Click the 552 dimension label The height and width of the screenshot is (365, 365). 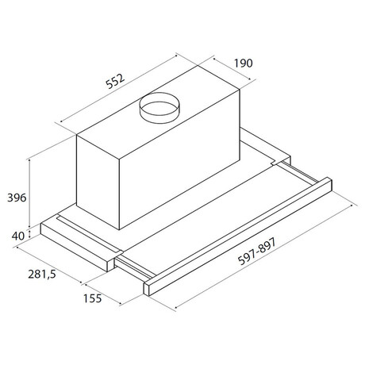(x=115, y=81)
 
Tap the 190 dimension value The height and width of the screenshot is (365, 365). (x=244, y=63)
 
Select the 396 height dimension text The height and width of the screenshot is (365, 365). (x=17, y=198)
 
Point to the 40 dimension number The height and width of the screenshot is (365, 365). (x=18, y=236)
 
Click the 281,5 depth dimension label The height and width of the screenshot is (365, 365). (x=42, y=274)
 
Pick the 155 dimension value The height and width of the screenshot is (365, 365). (x=92, y=298)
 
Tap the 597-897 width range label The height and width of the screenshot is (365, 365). (x=257, y=252)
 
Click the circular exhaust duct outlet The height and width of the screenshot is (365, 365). (x=159, y=108)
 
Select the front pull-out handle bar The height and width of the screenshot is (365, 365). (x=238, y=236)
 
